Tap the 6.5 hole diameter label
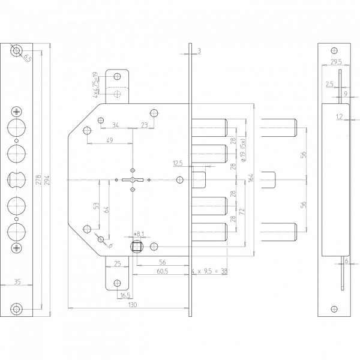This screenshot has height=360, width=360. [x=26, y=57]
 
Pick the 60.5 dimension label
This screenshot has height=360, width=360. [x=146, y=272]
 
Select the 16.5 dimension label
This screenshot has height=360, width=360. [x=125, y=296]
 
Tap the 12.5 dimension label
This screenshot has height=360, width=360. [x=178, y=162]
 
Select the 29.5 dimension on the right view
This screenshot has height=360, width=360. [x=335, y=62]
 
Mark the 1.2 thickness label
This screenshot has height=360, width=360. [x=340, y=116]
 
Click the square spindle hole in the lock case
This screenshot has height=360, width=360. [x=136, y=245]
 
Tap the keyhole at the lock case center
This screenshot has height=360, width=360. [x=131, y=180]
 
